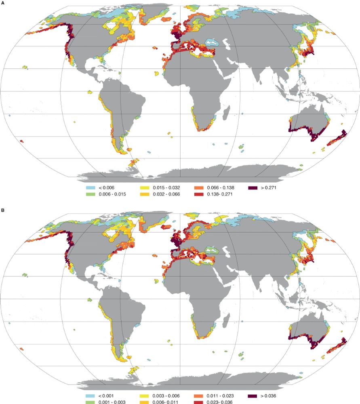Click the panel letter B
pyautogui.click(x=3, y=210)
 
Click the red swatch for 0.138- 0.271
pyautogui.click(x=199, y=194)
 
